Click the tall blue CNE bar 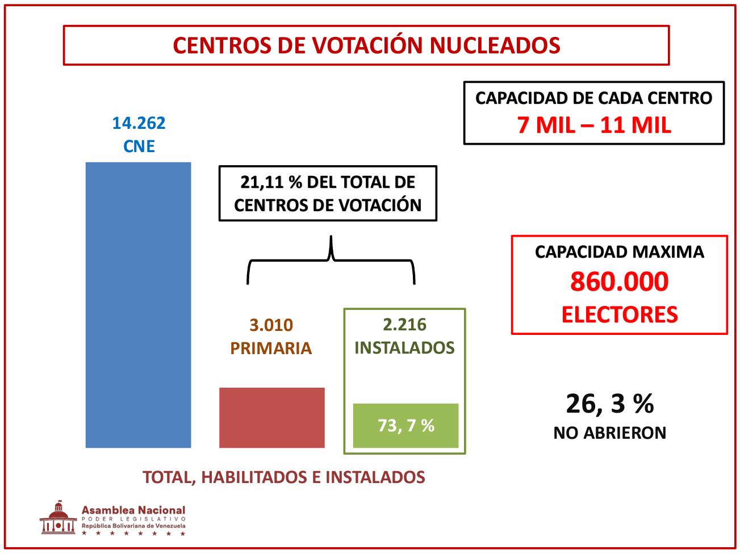(x=138, y=305)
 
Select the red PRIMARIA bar (x=271, y=417)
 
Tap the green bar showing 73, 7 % (x=405, y=425)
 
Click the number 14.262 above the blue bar (x=139, y=123)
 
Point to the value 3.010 (x=271, y=325)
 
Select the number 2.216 (x=404, y=325)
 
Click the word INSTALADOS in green (x=404, y=348)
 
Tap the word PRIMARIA (x=271, y=349)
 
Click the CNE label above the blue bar (x=139, y=146)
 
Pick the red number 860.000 (x=619, y=282)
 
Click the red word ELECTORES (x=619, y=315)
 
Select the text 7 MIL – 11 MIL (x=594, y=125)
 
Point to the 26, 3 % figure (x=609, y=404)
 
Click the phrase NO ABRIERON (x=609, y=433)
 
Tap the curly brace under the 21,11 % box (x=331, y=260)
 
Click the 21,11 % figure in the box (x=271, y=182)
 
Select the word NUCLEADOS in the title (x=495, y=45)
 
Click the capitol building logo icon (x=58, y=518)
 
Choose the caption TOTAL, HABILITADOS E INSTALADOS (x=283, y=477)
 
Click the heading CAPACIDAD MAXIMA (x=619, y=252)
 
